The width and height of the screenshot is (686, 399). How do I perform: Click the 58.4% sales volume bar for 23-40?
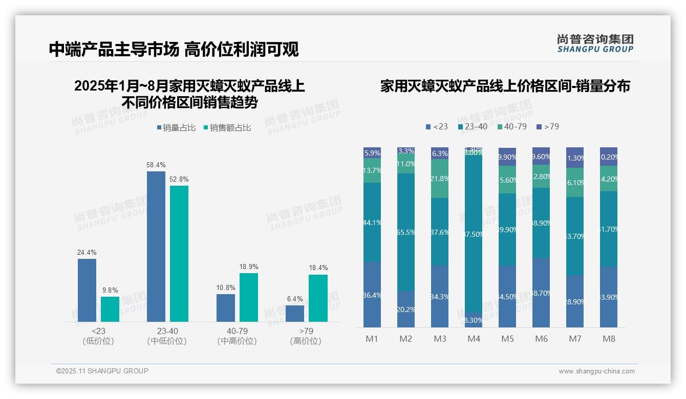[x=156, y=246]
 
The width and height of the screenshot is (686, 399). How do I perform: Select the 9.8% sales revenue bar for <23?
[x=110, y=309]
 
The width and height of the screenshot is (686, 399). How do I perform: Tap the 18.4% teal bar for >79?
[x=318, y=298]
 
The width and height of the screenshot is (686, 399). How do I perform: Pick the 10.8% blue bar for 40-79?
[x=226, y=307]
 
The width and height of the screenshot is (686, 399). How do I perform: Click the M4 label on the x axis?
[x=474, y=339]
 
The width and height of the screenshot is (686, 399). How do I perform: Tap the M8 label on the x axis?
[x=609, y=339]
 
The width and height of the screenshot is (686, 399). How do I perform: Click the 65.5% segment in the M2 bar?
[x=406, y=232]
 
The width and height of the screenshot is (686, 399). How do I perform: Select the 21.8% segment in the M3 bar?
[x=440, y=179]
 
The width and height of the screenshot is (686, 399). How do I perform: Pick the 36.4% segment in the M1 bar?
[x=372, y=295]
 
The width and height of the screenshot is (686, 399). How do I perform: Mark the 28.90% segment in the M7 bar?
[x=575, y=301]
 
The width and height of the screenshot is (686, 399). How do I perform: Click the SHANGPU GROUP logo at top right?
[x=595, y=43]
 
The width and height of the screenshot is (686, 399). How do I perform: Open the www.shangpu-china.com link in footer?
[x=596, y=371]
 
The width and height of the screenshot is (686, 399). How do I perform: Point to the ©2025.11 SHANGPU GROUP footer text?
[x=102, y=371]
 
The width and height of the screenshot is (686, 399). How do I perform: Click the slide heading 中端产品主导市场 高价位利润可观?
[x=174, y=49]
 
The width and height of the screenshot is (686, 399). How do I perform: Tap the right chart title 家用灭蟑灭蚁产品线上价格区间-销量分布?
[x=505, y=86]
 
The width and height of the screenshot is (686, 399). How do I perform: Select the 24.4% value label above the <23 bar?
[x=87, y=252]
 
